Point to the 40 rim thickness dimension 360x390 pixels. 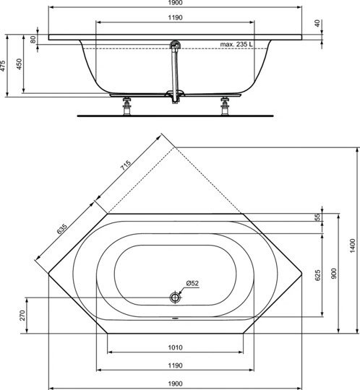click(317, 23)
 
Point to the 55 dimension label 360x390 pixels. click(317, 218)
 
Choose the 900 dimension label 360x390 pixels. click(334, 274)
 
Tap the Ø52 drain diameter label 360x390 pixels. click(192, 282)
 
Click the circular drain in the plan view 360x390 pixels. click(175, 298)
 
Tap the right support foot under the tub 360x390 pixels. click(223, 104)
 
